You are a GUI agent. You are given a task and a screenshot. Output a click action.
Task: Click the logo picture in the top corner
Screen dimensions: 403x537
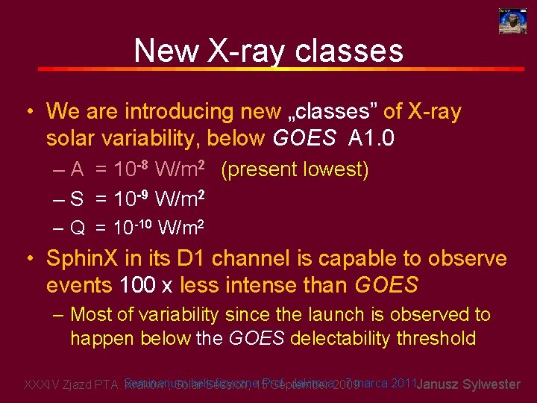click(512, 20)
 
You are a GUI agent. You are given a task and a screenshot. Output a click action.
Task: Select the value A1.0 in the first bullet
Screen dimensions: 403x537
click(371, 138)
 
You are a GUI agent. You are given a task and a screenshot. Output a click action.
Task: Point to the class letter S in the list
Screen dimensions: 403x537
click(77, 199)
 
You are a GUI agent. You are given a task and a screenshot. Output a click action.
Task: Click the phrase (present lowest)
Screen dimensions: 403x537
click(295, 170)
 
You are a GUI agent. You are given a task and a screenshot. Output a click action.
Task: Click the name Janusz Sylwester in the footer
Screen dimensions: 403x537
click(468, 384)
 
